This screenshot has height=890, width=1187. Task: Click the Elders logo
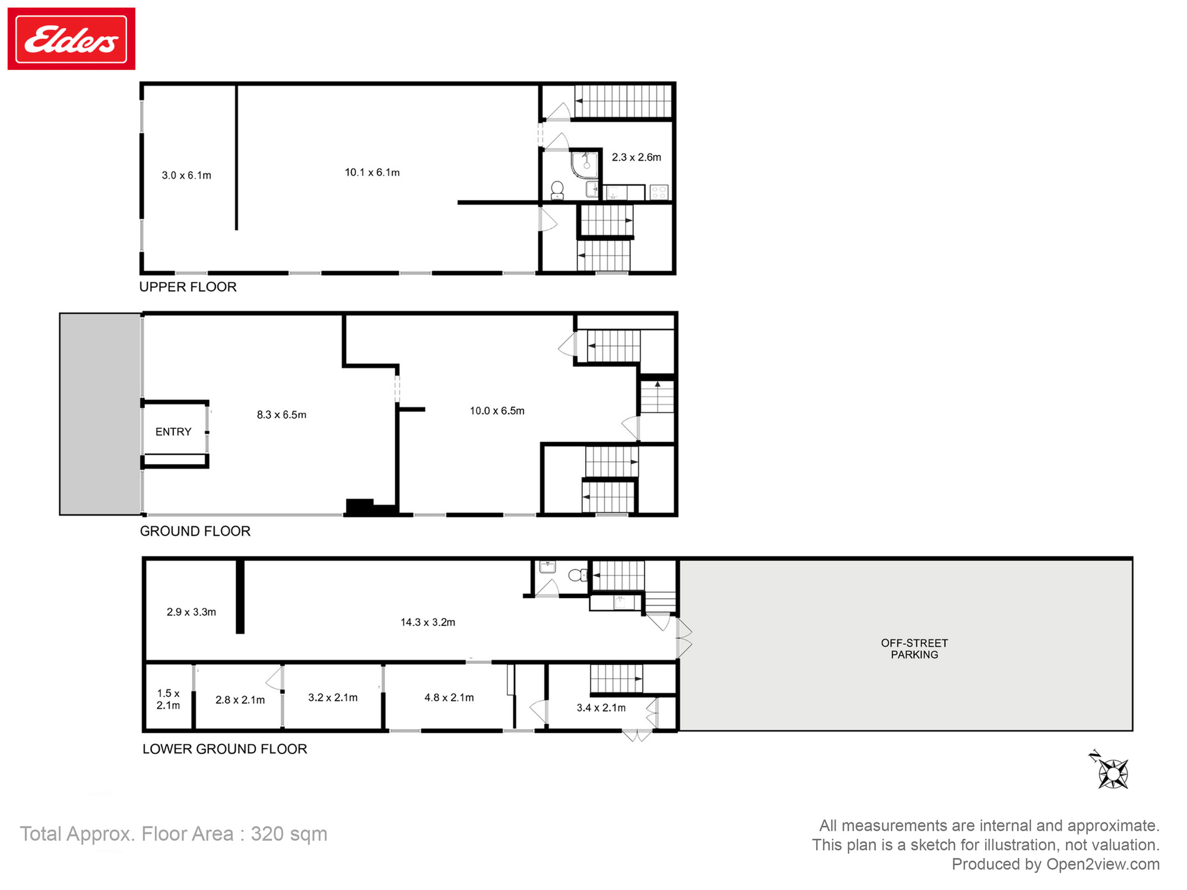click(x=71, y=39)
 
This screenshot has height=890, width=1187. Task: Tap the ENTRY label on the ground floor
click(x=173, y=432)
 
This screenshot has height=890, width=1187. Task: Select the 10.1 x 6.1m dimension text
click(x=372, y=173)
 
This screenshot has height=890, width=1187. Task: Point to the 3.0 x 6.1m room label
click(x=186, y=176)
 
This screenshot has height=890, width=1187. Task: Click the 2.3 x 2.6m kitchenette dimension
click(x=636, y=157)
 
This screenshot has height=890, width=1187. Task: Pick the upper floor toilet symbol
click(x=557, y=190)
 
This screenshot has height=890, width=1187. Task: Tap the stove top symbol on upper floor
click(x=659, y=192)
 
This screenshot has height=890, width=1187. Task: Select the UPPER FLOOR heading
click(x=188, y=287)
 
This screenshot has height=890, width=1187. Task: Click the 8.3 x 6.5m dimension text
click(x=281, y=415)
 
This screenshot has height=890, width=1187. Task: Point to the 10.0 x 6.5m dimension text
click(x=497, y=411)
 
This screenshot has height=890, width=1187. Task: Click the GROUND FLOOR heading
click(x=195, y=531)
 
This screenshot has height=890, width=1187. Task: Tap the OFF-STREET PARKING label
click(x=914, y=649)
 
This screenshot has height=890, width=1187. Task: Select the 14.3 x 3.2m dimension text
click(x=427, y=622)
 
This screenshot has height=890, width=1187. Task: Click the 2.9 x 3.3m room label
click(x=191, y=612)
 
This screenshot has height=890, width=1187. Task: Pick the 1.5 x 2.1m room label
click(x=168, y=699)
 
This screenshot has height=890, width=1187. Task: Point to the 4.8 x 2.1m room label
click(x=449, y=698)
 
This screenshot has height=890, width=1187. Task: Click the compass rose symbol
click(x=1112, y=773)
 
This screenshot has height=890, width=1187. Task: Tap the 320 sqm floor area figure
click(x=288, y=834)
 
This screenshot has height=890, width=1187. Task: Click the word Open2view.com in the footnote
click(x=1102, y=864)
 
